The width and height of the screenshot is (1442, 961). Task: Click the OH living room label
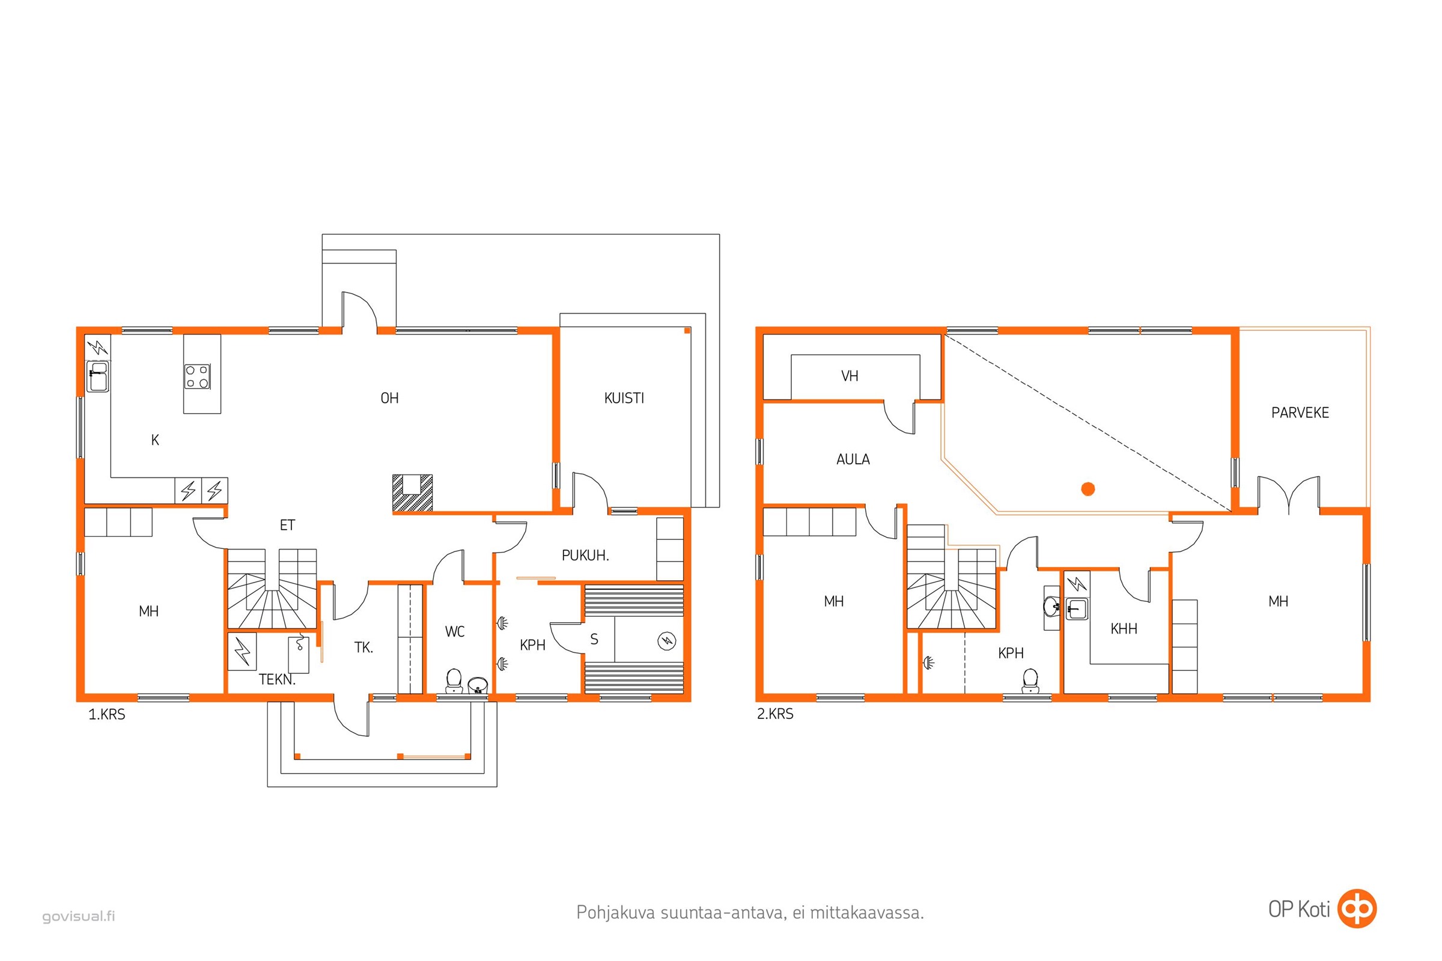(389, 398)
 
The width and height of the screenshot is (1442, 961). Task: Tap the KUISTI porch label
(624, 398)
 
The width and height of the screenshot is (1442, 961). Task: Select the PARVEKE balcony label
(1300, 413)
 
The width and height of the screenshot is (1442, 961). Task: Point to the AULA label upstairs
(853, 459)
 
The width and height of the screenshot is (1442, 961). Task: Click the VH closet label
(849, 376)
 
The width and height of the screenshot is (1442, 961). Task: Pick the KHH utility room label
(1124, 628)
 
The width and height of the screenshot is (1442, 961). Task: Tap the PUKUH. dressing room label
(585, 555)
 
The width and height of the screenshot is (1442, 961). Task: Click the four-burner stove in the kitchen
(198, 377)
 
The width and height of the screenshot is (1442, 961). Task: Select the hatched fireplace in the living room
(412, 493)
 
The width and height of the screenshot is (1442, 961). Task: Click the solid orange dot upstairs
(1088, 488)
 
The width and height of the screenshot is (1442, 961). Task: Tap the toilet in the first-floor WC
(454, 681)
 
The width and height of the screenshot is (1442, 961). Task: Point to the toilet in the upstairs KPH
(1030, 681)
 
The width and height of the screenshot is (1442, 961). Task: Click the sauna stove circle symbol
(666, 641)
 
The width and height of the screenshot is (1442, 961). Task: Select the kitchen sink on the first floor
(98, 377)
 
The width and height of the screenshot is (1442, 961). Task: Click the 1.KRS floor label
(107, 714)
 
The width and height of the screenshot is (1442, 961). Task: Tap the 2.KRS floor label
(775, 714)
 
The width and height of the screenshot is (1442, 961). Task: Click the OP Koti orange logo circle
(1357, 908)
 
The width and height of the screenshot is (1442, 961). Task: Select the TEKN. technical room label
(277, 679)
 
